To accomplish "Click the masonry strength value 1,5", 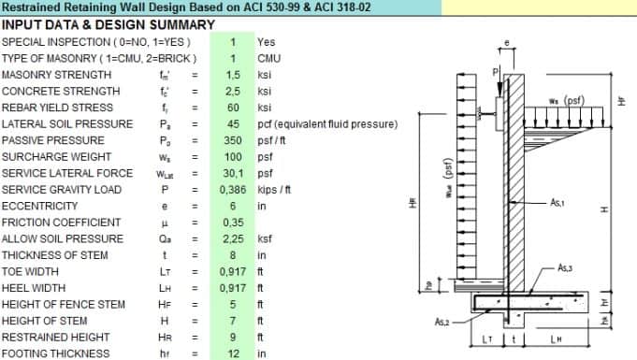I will click(233, 75).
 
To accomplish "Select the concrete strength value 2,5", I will click(233, 92).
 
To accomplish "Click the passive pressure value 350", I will click(233, 141).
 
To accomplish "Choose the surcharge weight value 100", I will click(233, 157).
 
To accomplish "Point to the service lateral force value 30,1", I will click(233, 174).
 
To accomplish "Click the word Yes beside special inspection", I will click(266, 42).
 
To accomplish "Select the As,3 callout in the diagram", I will click(564, 268).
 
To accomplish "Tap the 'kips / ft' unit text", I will click(278, 190).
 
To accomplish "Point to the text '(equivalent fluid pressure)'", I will click(339, 124).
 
